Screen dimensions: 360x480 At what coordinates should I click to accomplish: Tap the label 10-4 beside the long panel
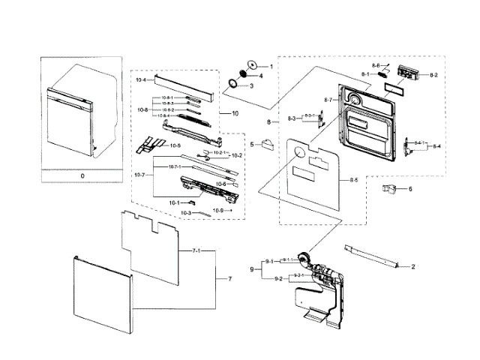(140, 79)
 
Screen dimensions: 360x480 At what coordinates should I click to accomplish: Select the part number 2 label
(412, 265)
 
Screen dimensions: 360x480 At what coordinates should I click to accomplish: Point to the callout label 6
(410, 189)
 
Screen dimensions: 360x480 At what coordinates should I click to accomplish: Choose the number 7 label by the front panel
(230, 278)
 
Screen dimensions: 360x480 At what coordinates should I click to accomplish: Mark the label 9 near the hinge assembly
(252, 269)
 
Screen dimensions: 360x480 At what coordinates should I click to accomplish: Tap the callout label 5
(252, 144)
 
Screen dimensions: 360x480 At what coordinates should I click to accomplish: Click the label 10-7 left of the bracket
(139, 175)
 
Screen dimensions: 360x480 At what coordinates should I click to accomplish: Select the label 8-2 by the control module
(434, 75)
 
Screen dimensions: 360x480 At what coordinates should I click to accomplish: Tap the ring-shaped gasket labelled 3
(233, 83)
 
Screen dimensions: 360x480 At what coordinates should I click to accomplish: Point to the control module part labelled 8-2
(410, 74)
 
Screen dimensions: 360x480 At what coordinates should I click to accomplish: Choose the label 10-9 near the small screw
(218, 211)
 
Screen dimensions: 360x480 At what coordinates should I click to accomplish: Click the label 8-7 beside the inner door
(328, 100)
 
